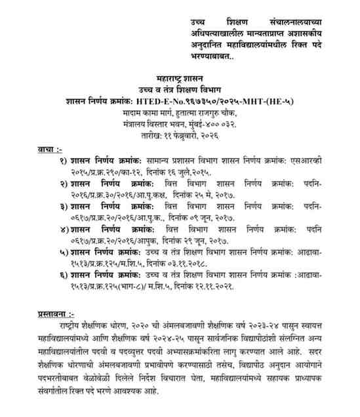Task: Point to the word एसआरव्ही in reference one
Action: coord(317,161)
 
